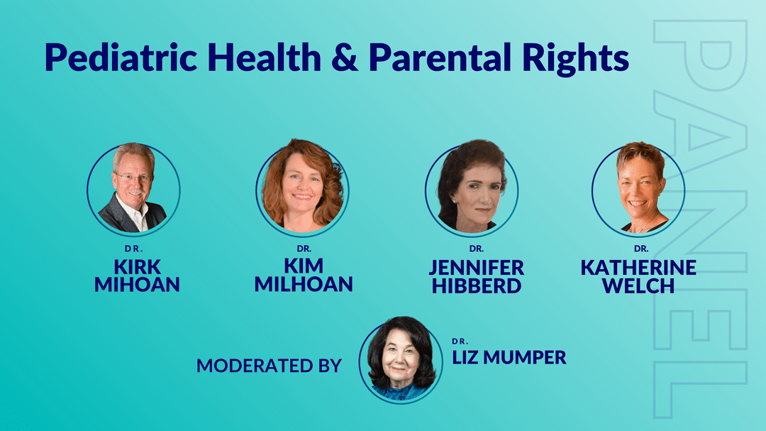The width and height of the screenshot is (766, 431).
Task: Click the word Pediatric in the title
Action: (x=121, y=58)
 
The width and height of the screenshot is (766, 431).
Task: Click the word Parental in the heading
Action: (x=440, y=58)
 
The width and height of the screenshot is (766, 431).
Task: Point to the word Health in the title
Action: (x=265, y=58)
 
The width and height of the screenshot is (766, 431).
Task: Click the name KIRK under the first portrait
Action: (x=138, y=267)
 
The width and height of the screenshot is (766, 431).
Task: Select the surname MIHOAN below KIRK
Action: (x=138, y=284)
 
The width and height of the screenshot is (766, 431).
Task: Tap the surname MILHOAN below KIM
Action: (x=304, y=284)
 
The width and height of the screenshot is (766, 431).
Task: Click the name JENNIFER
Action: (x=477, y=268)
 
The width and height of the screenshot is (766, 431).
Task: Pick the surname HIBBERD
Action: (x=477, y=285)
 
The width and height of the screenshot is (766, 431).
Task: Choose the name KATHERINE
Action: (x=638, y=268)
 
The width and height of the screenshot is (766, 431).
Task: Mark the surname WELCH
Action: (x=638, y=285)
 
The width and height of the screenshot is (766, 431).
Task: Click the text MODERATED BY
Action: (x=270, y=366)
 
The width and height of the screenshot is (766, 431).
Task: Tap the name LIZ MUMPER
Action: (x=509, y=358)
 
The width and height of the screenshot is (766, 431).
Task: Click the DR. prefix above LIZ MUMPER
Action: (x=460, y=341)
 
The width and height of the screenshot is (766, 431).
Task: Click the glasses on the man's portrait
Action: (x=133, y=177)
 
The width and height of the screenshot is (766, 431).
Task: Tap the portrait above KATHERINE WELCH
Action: (x=638, y=188)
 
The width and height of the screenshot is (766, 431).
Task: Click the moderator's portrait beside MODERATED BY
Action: (x=401, y=360)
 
